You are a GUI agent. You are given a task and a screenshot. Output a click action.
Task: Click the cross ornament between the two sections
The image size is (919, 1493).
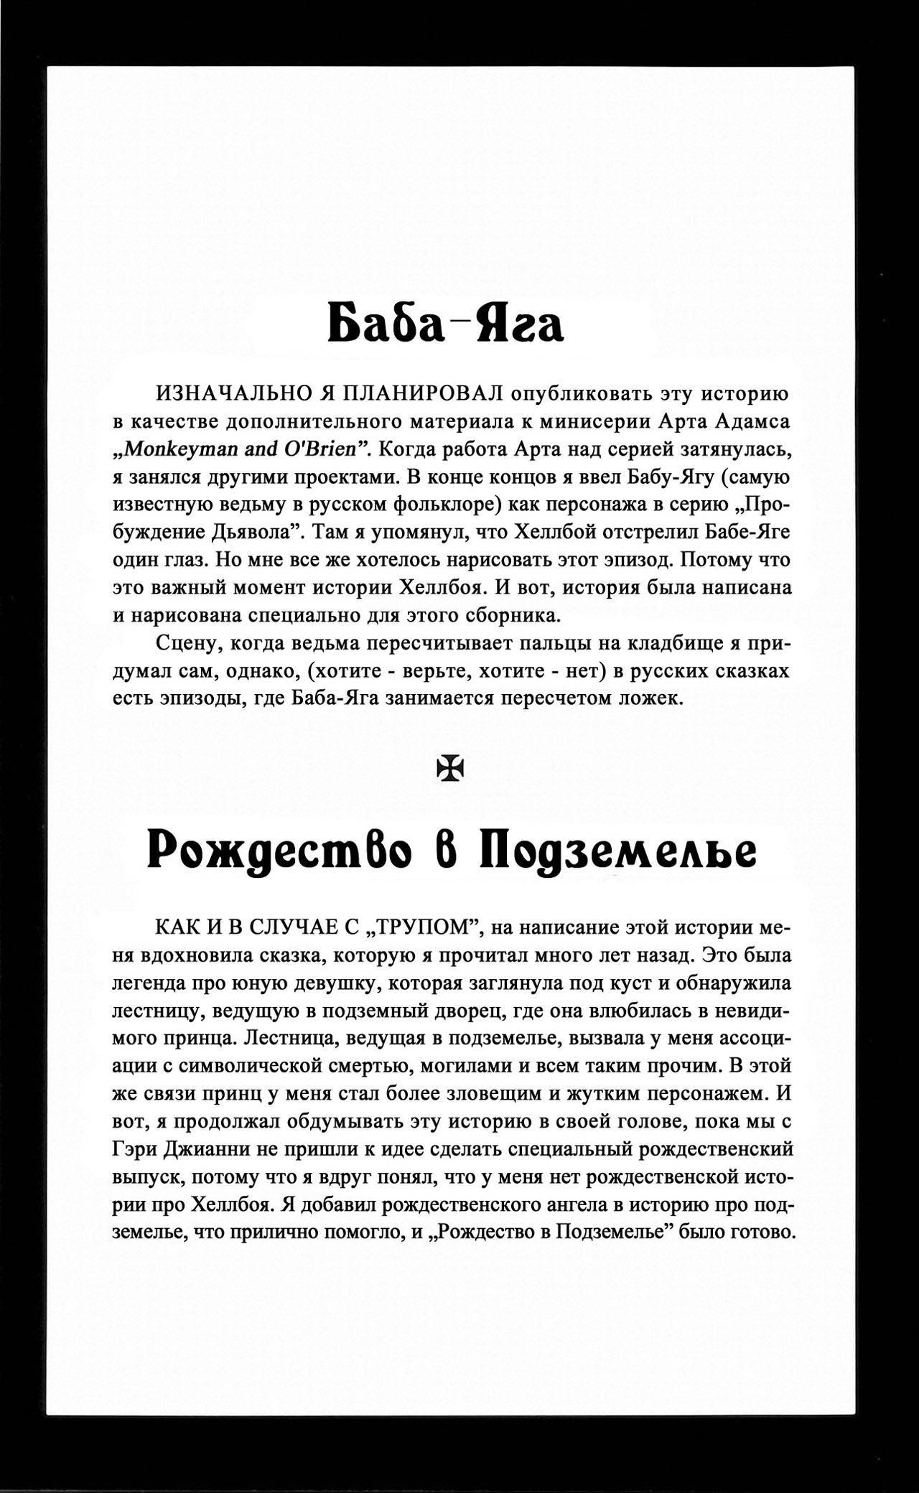(x=452, y=769)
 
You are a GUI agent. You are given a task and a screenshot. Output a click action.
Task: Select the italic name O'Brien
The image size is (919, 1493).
(x=325, y=449)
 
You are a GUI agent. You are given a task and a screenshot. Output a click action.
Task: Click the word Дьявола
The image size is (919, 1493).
(x=248, y=532)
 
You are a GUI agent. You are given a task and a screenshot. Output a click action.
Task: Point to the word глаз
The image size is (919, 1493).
(x=185, y=560)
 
